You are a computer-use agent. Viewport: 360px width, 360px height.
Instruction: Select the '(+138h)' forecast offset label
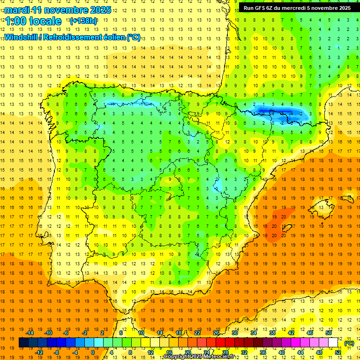click(x=83, y=21)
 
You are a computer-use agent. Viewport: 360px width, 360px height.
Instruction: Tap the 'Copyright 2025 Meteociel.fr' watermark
click(x=201, y=357)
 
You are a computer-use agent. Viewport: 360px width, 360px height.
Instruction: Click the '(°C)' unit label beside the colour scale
click(x=349, y=343)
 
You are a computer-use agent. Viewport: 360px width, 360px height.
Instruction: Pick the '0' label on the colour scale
click(x=93, y=352)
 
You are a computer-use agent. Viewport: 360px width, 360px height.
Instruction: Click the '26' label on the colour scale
click(x=216, y=333)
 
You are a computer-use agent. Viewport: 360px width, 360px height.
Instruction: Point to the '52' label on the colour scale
click(x=338, y=352)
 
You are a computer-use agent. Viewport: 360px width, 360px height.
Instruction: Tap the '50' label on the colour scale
click(x=329, y=333)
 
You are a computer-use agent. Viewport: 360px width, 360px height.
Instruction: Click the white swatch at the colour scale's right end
click(x=333, y=343)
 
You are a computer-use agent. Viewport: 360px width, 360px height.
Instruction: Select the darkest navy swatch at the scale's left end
click(x=23, y=343)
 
